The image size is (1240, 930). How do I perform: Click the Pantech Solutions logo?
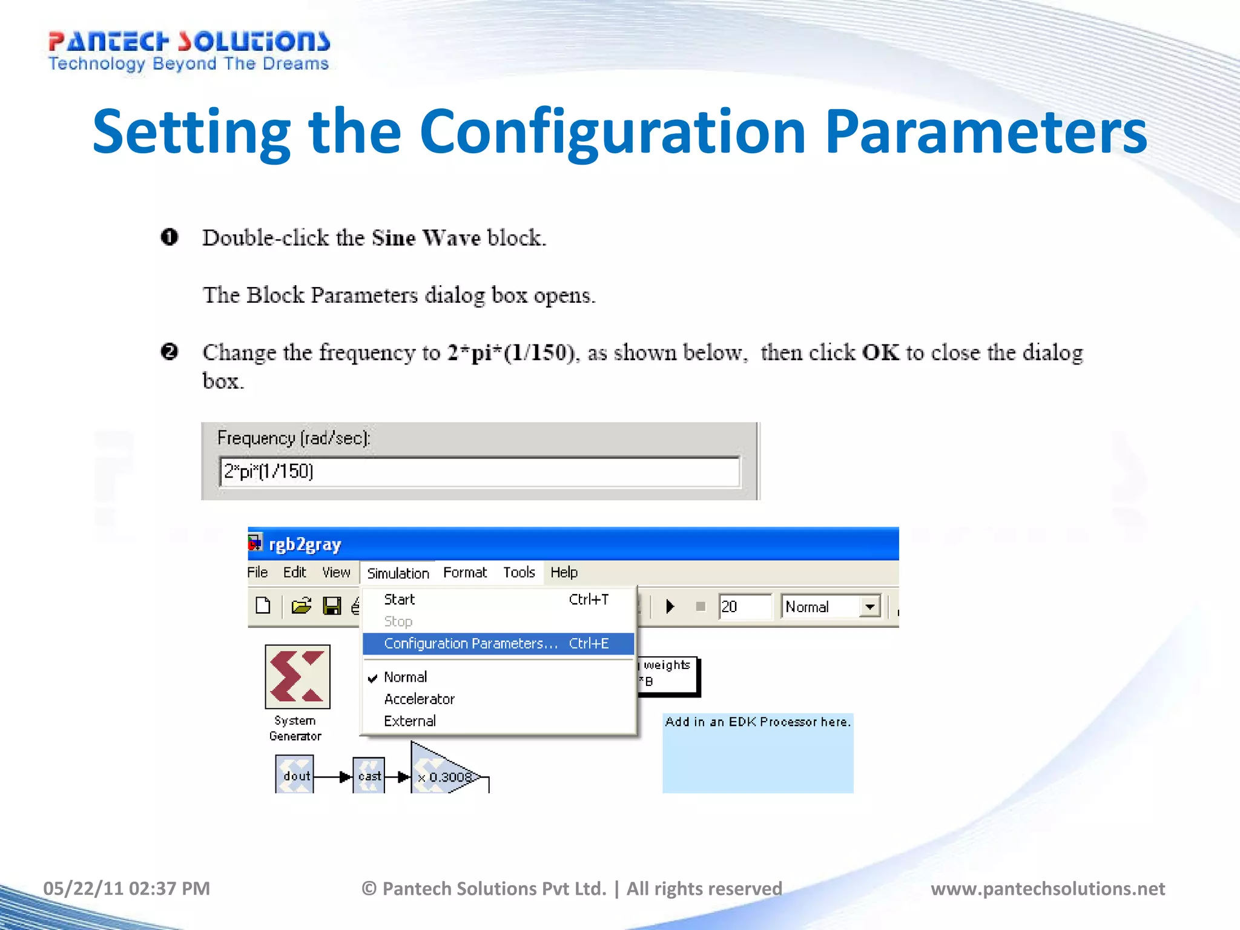(x=188, y=51)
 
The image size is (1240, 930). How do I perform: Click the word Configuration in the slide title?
(x=612, y=132)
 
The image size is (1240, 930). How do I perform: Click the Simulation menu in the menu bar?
(x=398, y=573)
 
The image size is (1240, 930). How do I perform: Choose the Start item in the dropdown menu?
(x=400, y=599)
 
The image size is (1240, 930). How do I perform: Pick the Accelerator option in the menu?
(x=419, y=699)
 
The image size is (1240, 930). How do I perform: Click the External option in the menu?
(x=410, y=721)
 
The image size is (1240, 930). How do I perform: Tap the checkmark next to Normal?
(x=373, y=678)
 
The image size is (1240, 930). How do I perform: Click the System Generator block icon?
(x=297, y=676)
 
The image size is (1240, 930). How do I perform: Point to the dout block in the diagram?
(x=295, y=775)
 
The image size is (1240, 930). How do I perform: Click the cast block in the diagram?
(x=369, y=775)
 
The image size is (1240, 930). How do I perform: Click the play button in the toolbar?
(x=670, y=606)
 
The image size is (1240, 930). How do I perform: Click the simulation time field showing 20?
(x=745, y=606)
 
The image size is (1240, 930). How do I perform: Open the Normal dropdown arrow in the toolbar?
(x=870, y=606)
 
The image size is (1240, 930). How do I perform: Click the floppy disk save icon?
(x=332, y=605)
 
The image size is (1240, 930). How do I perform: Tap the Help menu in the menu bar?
(x=564, y=572)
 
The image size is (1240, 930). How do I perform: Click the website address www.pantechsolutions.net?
(x=1047, y=888)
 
